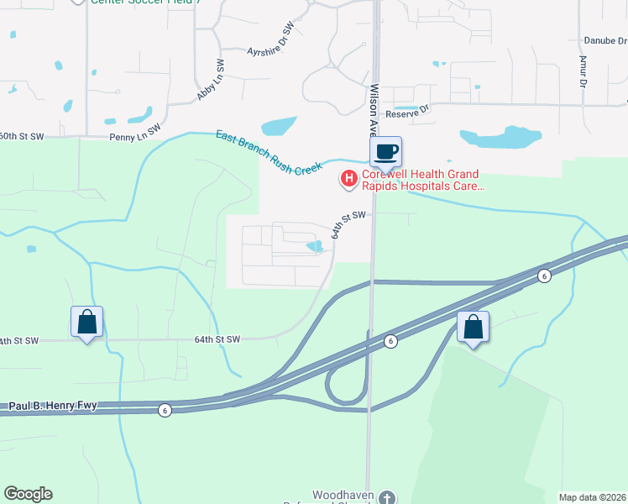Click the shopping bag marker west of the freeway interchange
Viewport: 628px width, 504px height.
(86, 322)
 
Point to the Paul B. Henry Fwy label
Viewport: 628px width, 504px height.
(53, 407)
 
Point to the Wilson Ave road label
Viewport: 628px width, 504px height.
(374, 109)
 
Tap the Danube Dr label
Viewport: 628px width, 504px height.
(604, 40)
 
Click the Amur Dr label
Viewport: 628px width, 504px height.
(582, 71)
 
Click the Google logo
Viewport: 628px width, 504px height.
(28, 494)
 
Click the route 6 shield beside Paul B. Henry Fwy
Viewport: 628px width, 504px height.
(165, 410)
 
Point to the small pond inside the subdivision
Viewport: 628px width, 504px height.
(316, 246)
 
